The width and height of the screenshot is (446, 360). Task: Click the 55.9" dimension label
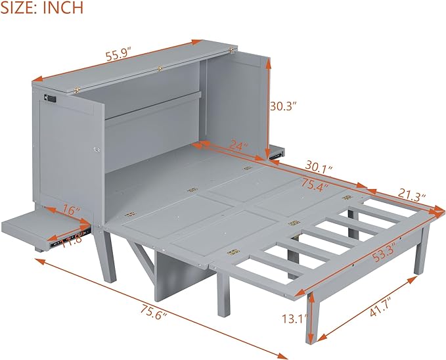119,56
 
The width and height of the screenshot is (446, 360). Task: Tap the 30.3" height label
283,106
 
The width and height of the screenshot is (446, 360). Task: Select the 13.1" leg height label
295,318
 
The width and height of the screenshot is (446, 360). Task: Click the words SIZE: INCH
42,7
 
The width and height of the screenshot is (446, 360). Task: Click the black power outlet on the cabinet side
51,99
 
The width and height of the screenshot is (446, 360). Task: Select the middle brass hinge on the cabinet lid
160,69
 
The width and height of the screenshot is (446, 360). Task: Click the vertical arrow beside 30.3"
267,108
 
